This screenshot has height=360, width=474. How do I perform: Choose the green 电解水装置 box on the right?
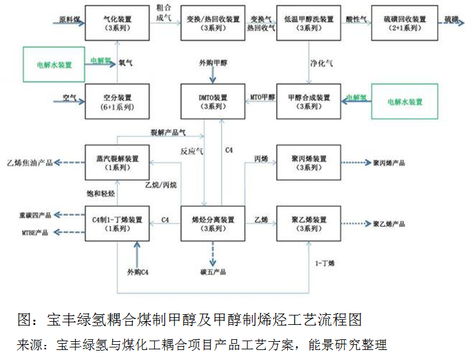pyautogui.click(x=404, y=101)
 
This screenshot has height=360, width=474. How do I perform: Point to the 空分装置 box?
pyautogui.click(x=117, y=101)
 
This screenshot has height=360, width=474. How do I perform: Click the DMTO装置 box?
pyautogui.click(x=213, y=101)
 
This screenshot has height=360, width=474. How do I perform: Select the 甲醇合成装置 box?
pyautogui.click(x=308, y=101)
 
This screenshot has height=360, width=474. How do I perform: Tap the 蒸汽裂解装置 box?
pyautogui.click(x=117, y=162)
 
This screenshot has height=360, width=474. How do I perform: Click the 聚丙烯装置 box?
pyautogui.click(x=308, y=162)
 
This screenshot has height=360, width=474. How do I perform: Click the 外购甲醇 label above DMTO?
pyautogui.click(x=213, y=63)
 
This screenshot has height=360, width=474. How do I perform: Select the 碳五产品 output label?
pyautogui.click(x=213, y=272)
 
